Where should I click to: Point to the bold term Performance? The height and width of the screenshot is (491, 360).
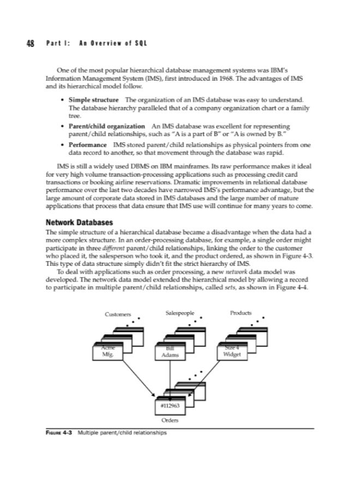pos(87,145)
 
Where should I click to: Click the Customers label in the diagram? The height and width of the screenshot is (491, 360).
pos(118,314)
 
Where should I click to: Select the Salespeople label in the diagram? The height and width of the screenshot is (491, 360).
pos(179,314)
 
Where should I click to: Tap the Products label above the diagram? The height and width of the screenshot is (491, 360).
pos(241,314)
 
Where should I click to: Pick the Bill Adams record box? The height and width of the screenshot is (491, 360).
pos(170,352)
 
